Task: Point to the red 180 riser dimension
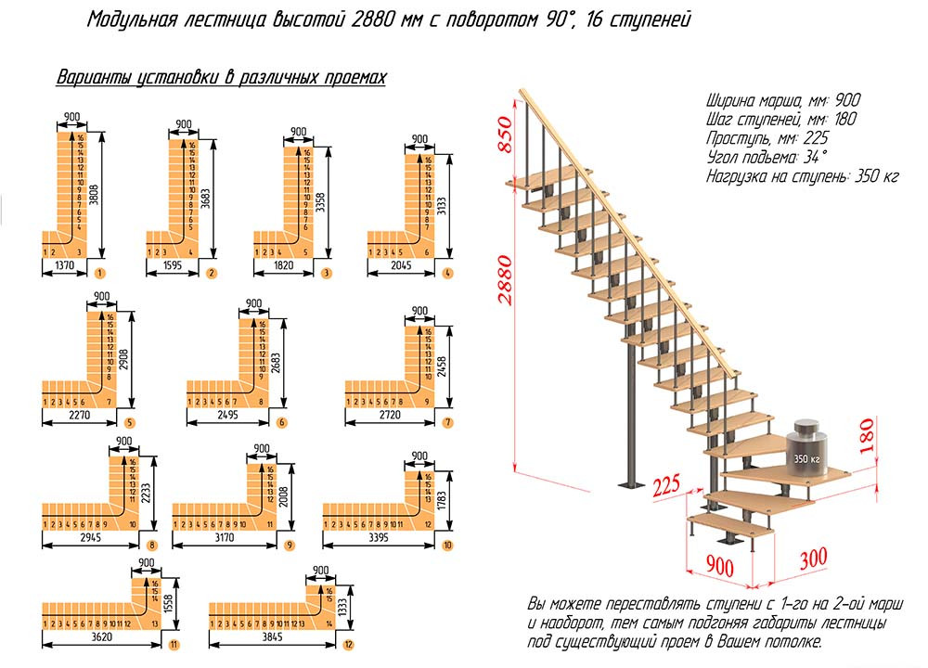(x=868, y=433)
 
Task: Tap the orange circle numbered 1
(x=98, y=273)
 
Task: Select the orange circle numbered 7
(x=447, y=422)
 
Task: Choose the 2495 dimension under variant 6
(x=226, y=415)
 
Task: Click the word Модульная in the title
(x=129, y=19)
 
